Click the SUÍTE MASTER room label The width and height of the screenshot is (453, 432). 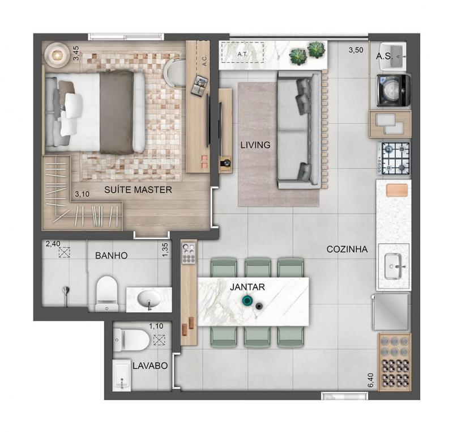point(138,190)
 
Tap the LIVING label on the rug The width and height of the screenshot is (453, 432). point(255,145)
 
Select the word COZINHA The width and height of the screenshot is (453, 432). point(347,249)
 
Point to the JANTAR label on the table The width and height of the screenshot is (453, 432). point(247,287)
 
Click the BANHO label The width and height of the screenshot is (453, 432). point(111,255)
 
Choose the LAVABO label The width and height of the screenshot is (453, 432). point(150,366)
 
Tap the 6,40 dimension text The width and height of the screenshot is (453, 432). point(371,380)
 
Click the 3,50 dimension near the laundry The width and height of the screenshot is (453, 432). point(356,50)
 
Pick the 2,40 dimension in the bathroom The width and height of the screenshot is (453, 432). point(53,244)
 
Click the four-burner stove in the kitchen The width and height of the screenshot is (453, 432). point(394,158)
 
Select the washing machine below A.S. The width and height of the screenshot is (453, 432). point(394,90)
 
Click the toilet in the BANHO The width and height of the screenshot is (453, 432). point(106,294)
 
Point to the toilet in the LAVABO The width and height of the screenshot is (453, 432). point(131,340)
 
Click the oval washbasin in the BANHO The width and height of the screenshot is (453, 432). point(149,299)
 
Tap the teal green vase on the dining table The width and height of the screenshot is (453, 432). point(246,300)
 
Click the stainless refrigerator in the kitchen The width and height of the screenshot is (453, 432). point(391,312)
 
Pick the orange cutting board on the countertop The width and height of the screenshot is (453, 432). point(397,190)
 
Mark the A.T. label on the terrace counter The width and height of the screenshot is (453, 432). point(242,54)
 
